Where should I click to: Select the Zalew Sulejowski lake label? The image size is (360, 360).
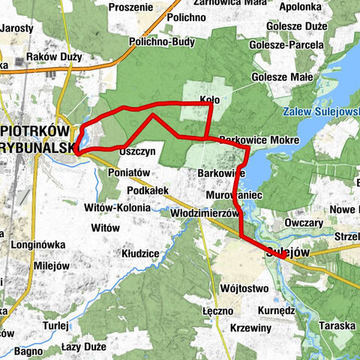322,112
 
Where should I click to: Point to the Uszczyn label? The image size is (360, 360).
137,151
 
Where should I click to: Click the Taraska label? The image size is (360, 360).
336,326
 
